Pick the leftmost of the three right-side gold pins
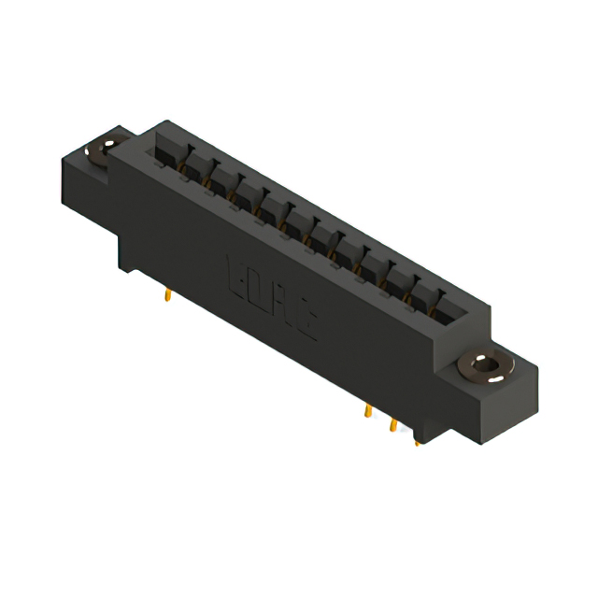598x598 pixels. click(x=368, y=411)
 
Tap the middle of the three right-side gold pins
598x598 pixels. click(x=393, y=425)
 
